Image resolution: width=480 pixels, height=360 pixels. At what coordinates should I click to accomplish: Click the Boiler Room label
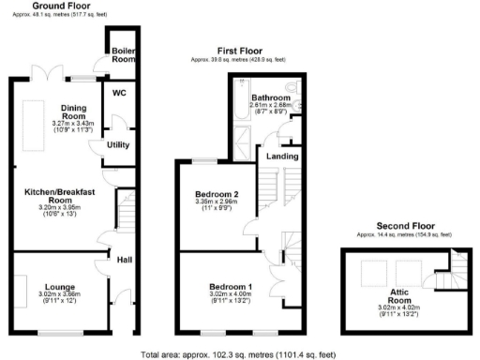[x=124, y=54]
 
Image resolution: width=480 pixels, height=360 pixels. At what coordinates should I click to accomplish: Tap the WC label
[x=119, y=94]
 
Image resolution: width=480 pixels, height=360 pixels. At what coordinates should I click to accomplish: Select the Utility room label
[x=117, y=146]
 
